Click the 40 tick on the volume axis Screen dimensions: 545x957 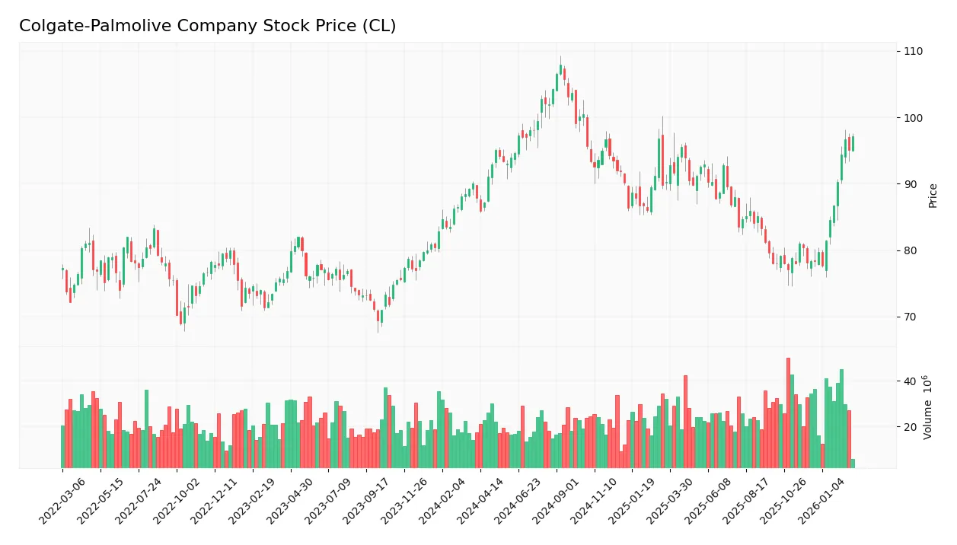tap(910, 381)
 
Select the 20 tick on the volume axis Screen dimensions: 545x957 tap(910, 427)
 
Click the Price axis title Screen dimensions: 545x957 tap(933, 196)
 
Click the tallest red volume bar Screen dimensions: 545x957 tap(788, 413)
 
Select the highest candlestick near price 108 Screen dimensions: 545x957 tap(560, 70)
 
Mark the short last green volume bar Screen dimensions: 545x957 tap(853, 464)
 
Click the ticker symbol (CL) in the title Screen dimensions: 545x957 tap(381, 26)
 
